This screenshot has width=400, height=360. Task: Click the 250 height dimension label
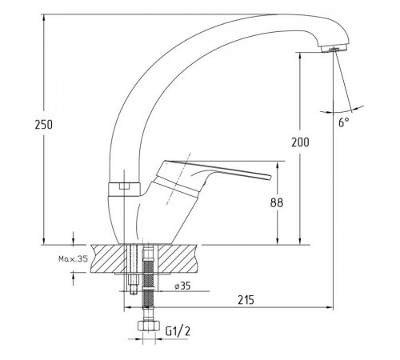(x=44, y=125)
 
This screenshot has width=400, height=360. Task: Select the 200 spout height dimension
(x=300, y=142)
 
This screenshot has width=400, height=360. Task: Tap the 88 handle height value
(x=277, y=203)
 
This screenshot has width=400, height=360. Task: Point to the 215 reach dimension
(x=246, y=300)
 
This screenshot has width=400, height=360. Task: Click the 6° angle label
(x=344, y=122)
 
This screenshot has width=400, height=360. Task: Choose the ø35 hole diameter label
(x=182, y=286)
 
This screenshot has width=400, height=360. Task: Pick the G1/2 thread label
(x=178, y=331)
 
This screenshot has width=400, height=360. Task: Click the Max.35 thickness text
(x=73, y=258)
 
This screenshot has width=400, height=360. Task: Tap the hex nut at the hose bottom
(x=148, y=326)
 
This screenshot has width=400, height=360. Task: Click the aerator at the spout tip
(x=334, y=48)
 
